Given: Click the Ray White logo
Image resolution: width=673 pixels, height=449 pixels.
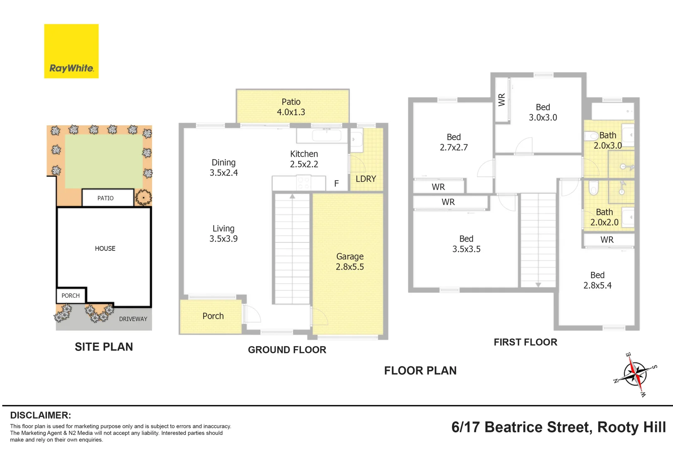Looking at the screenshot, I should click(71, 51).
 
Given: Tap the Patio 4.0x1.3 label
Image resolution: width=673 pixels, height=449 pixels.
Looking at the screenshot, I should click(291, 107).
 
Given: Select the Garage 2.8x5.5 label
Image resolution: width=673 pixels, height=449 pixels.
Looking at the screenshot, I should click(350, 262).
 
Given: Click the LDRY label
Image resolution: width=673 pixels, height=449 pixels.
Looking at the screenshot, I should click(366, 179).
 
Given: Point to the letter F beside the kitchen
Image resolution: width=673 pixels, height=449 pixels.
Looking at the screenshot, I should click(336, 183).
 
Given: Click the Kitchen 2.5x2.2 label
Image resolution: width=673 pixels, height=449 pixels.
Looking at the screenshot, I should click(304, 159).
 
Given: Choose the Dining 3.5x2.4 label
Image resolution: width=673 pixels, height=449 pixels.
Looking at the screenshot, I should click(224, 168).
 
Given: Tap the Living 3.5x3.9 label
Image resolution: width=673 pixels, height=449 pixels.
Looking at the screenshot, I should click(224, 234).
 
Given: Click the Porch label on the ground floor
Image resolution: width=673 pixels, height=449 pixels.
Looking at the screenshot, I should click(213, 316).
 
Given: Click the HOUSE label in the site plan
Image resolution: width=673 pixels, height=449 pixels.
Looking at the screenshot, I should click(105, 249).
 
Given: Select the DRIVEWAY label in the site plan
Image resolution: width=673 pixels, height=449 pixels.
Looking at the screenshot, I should click(133, 319).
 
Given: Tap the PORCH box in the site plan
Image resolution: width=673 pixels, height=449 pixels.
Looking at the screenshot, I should click(71, 296).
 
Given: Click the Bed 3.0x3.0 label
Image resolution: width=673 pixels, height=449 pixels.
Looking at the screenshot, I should click(543, 112).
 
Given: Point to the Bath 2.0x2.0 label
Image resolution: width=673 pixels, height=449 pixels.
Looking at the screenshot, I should click(604, 217).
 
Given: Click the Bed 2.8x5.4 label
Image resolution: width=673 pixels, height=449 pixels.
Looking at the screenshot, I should click(597, 280).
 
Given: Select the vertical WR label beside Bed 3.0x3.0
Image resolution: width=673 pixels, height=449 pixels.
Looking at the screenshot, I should click(502, 100).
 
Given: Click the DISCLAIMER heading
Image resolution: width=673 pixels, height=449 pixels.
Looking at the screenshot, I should click(40, 415).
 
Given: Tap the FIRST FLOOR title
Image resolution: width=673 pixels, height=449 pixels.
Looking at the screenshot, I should click(525, 342).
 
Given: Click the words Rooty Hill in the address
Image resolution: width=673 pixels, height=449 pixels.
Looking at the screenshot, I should click(631, 427).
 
